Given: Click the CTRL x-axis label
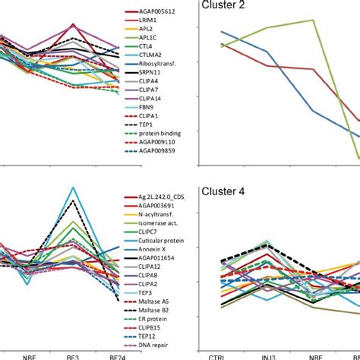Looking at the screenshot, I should [x=221, y=355].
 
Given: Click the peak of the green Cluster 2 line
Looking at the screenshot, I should [x=313, y=21].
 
